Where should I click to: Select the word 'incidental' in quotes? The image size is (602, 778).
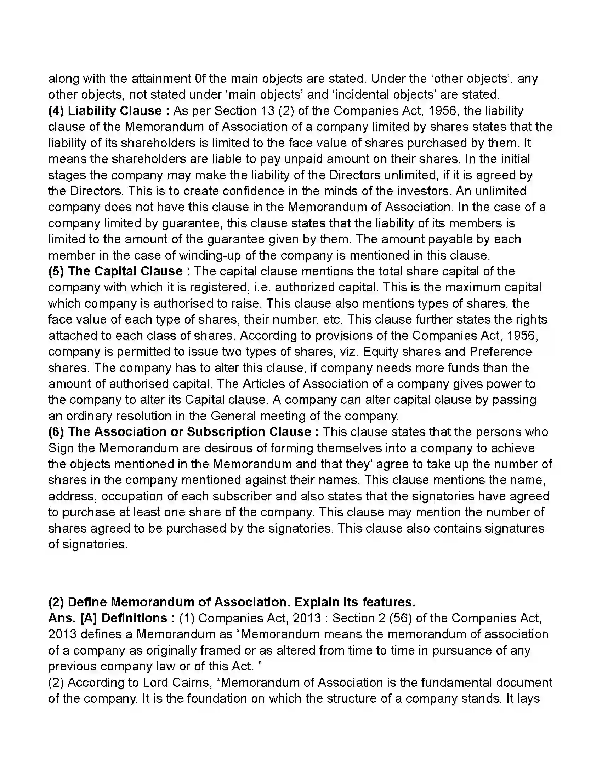[360, 95]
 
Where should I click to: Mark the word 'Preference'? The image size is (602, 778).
[500, 352]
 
